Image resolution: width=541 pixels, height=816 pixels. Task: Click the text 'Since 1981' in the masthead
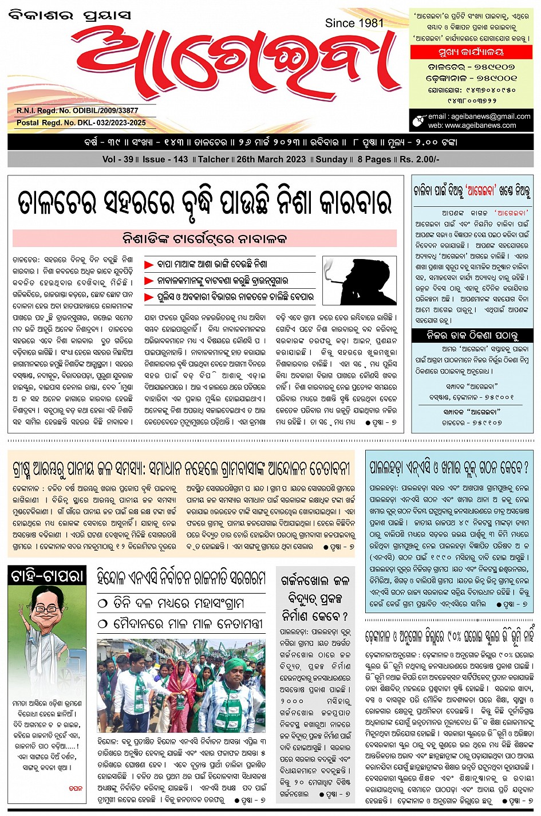pos(354,23)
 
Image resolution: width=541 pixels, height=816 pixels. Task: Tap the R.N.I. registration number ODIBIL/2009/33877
pos(77,110)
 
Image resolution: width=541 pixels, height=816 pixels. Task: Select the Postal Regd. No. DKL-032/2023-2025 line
pos(81,123)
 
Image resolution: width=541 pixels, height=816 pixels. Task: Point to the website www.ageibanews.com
pos(480,125)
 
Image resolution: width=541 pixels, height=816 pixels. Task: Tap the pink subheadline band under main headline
pos(204,238)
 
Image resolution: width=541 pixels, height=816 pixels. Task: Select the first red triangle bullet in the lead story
pos(149,265)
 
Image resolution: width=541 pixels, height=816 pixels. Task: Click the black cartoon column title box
pos(47,576)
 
